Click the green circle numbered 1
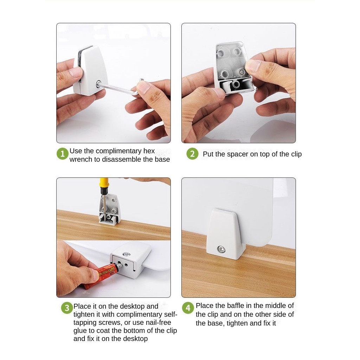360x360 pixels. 63,154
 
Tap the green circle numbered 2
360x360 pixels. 192,154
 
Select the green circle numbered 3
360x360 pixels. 67,308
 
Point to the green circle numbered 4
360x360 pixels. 188,308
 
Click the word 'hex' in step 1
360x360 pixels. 149,151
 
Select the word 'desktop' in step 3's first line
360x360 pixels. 132,306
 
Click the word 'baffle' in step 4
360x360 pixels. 236,306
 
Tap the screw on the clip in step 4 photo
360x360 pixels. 221,249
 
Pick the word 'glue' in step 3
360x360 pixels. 80,330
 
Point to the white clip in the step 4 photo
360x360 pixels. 226,234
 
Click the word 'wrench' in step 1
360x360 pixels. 81,159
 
